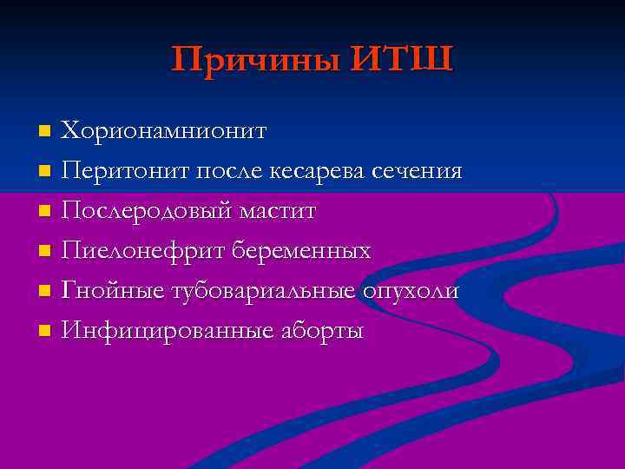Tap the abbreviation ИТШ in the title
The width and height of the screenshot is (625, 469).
[404, 60]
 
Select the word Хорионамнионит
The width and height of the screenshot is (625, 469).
[163, 131]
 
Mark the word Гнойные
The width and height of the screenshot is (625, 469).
[110, 292]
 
